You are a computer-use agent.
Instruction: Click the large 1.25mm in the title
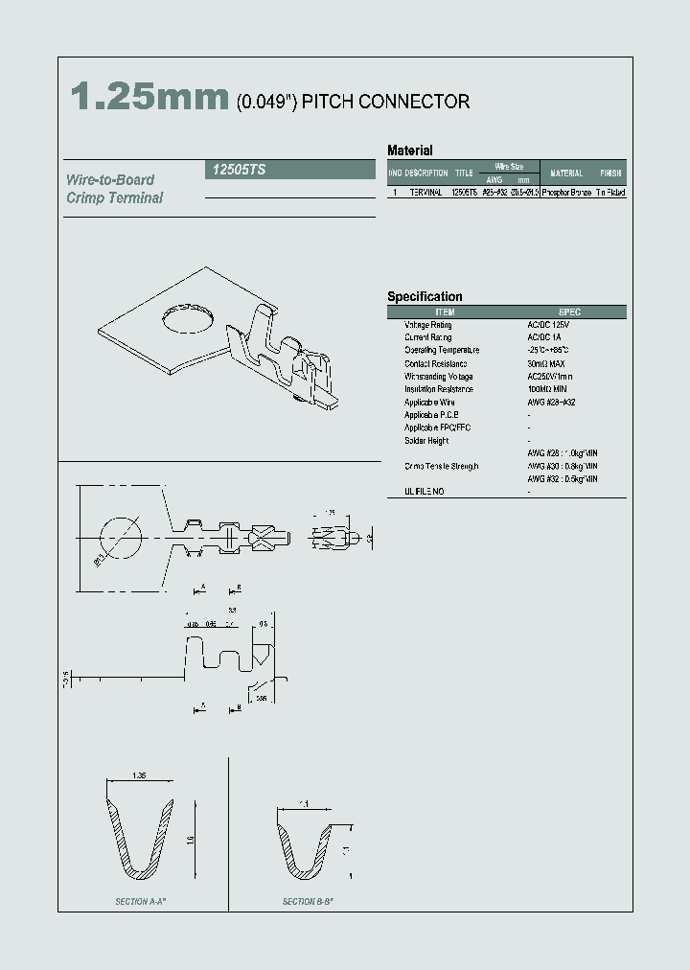(x=149, y=99)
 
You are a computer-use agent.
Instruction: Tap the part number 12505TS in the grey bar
(x=235, y=170)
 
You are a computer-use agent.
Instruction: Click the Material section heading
(x=409, y=150)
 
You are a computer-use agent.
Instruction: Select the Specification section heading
(x=425, y=297)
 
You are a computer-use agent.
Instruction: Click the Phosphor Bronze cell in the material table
(x=565, y=193)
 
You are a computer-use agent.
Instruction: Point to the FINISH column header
(x=610, y=173)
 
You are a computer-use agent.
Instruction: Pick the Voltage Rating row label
(x=427, y=325)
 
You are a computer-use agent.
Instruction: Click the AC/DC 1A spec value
(x=543, y=337)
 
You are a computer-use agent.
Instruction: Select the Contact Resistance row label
(x=435, y=363)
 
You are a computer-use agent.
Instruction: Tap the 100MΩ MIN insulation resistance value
(x=548, y=389)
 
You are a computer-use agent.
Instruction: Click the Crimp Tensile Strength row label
(x=441, y=466)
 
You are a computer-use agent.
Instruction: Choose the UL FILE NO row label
(x=424, y=492)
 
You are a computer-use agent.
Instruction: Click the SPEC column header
(x=569, y=312)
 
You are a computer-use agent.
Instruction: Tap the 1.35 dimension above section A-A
(x=138, y=774)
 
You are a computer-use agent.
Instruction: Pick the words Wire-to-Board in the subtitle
(x=110, y=180)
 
